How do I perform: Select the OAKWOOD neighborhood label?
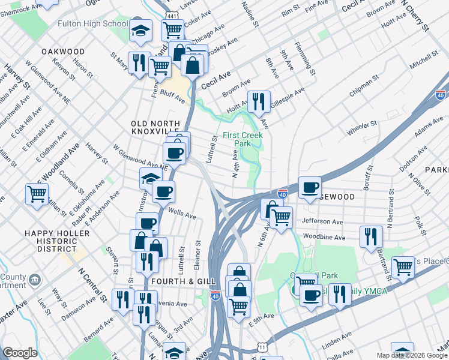click(63, 52)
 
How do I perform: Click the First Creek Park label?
click(245, 140)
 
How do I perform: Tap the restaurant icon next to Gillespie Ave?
click(258, 101)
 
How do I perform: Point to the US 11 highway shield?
click(262, 347)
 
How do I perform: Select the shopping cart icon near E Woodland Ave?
click(37, 194)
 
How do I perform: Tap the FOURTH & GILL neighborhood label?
click(179, 280)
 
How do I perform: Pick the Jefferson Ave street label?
click(322, 221)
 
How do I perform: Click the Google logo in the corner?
click(20, 353)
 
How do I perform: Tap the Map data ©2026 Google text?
click(412, 355)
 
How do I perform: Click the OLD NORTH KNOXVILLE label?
click(155, 127)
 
